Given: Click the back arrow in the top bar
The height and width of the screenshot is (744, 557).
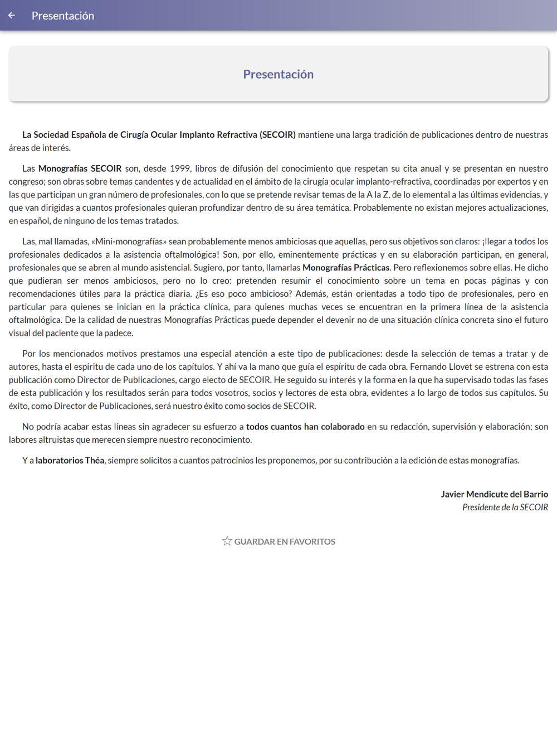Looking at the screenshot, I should coord(12,16).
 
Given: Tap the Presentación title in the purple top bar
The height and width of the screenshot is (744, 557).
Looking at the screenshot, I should coord(63,16).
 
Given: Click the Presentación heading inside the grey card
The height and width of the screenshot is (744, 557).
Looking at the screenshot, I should coord(278,74).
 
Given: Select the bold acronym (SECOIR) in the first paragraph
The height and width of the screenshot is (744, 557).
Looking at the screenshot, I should coord(277,134).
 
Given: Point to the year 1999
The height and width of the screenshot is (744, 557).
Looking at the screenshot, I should coord(180,168).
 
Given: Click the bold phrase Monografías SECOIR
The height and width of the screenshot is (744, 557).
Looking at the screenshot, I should coord(80,168).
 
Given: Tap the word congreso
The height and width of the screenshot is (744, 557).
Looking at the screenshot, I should coord(27,182).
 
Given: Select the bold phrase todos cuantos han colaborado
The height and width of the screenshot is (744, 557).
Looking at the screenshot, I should coord(305,427).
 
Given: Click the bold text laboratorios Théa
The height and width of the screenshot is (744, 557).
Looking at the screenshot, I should coord(70,461).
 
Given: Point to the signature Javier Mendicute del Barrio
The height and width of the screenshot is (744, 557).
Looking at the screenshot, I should coord(494,494).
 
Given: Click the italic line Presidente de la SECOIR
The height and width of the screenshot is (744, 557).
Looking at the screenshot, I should coord(505,508).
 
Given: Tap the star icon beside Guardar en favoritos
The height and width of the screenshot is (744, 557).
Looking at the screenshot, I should coord(227,541).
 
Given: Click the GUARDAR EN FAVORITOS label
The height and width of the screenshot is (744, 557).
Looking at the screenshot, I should coord(285,542).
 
